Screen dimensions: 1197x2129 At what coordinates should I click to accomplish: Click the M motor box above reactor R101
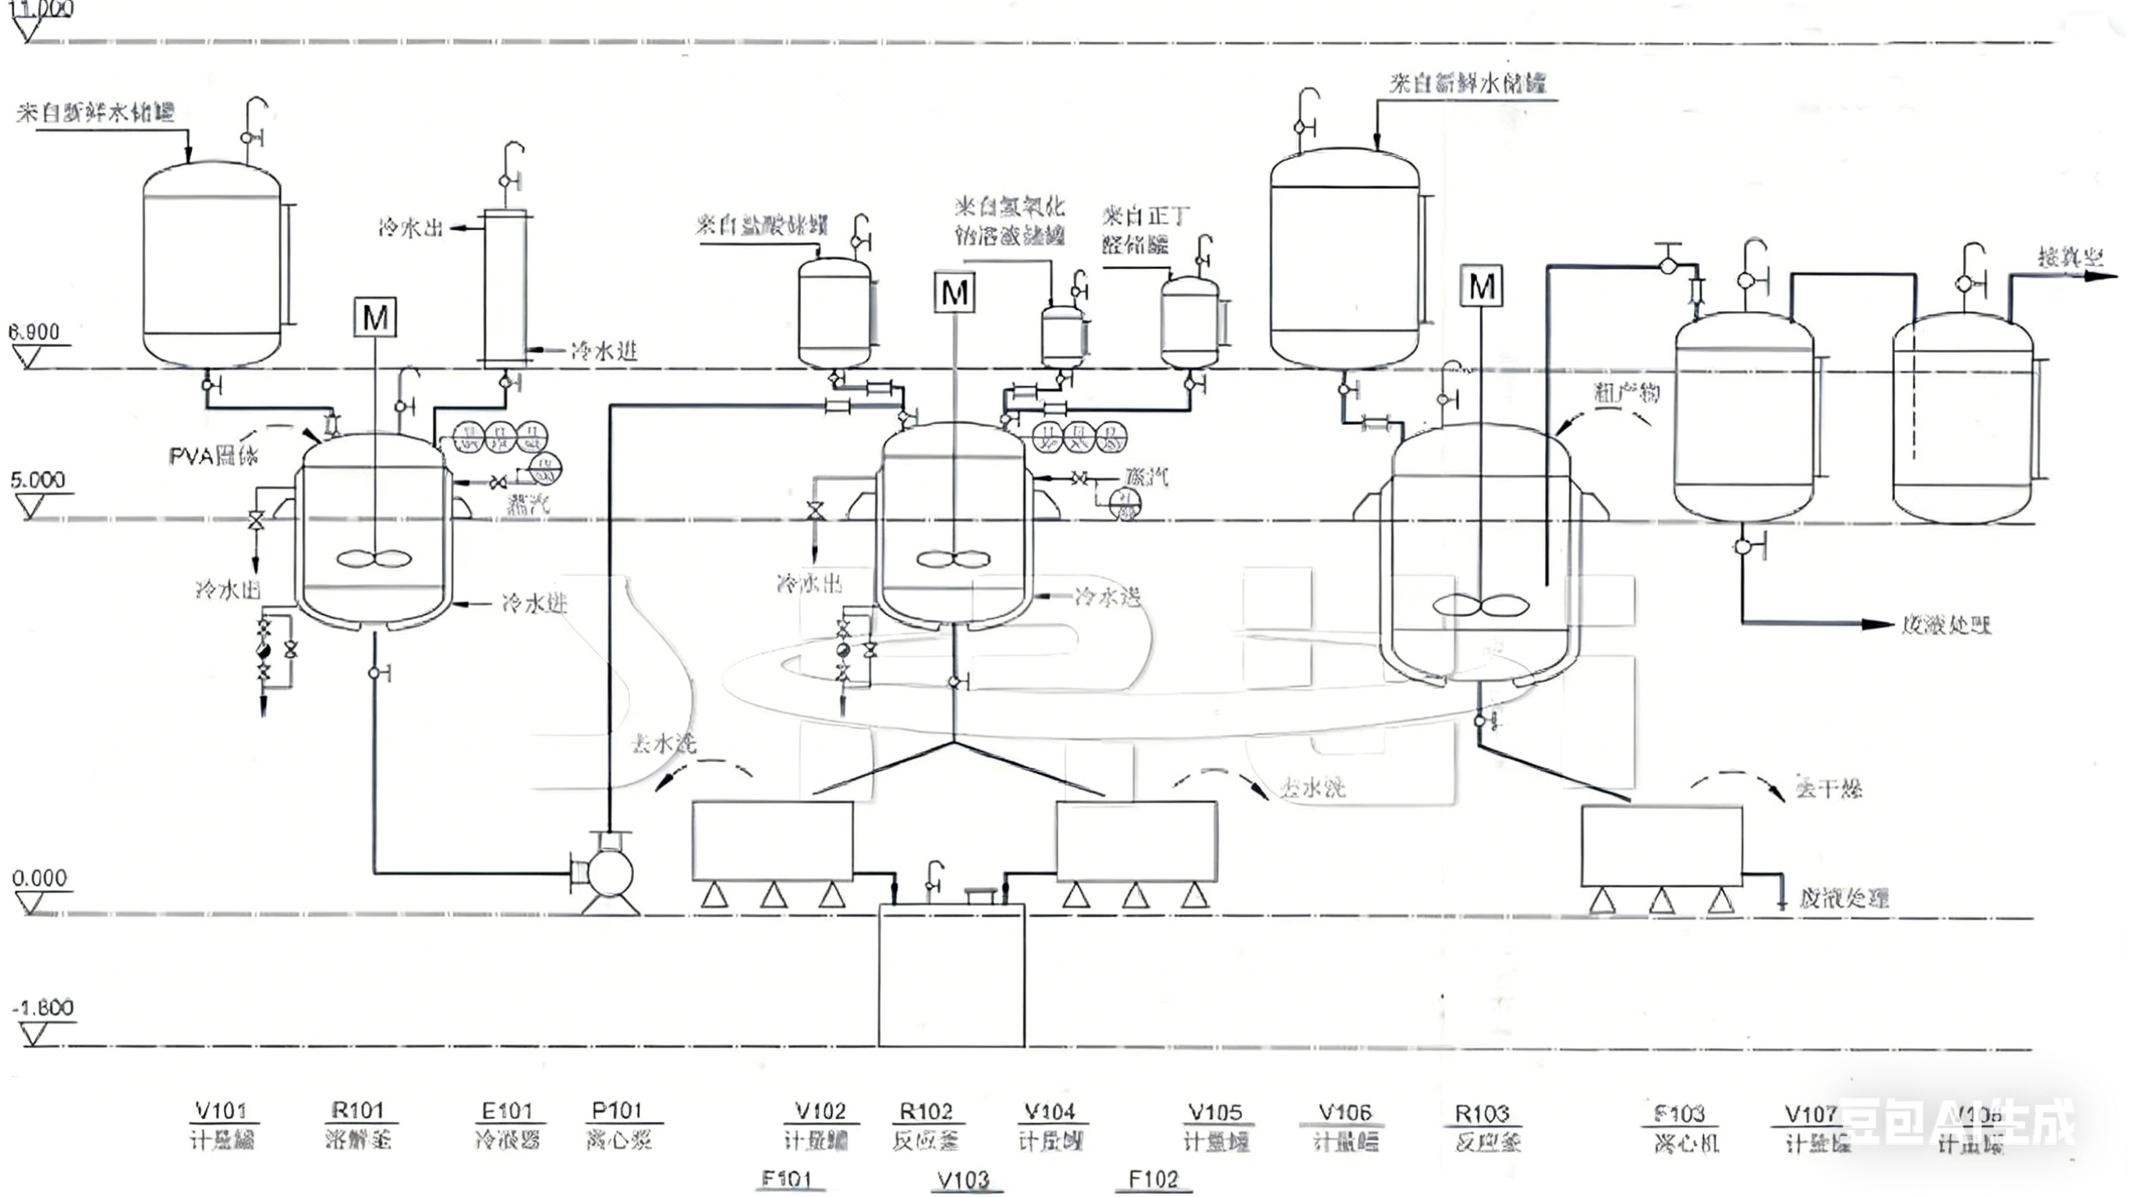pos(375,317)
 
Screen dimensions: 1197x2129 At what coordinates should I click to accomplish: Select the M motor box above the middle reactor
pos(955,292)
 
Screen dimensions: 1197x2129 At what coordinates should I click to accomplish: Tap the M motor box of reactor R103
pos(1481,287)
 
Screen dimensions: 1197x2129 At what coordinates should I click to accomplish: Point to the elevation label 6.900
pos(34,332)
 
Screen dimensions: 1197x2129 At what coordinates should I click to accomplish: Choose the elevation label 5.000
pos(37,480)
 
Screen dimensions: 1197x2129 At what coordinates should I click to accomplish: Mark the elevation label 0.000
pos(39,878)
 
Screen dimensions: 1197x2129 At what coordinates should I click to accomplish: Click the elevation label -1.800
pos(43,1008)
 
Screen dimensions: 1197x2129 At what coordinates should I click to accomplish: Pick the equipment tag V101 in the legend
pos(221,1110)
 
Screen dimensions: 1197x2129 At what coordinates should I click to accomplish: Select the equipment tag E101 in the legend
pos(507,1110)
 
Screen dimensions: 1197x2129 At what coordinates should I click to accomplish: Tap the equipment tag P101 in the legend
pos(618,1110)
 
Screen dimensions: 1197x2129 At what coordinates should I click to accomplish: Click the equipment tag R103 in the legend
pos(1482,1114)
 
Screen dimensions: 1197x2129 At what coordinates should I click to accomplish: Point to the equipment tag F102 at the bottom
pos(1153,1179)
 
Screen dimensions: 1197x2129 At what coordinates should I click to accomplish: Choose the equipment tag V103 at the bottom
pos(964,1180)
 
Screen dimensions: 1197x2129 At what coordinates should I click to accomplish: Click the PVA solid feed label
pos(213,456)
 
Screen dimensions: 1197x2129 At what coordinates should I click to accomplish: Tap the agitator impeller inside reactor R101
pos(374,560)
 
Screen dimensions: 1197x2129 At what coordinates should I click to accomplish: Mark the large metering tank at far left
pos(211,264)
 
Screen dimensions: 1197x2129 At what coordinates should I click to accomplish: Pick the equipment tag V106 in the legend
pos(1344,1113)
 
